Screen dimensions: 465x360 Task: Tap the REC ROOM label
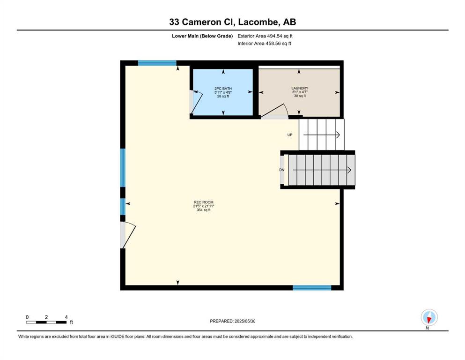pyautogui.click(x=203, y=202)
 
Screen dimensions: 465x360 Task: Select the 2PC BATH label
pyautogui.click(x=223, y=89)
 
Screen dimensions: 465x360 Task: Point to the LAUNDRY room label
pyautogui.click(x=300, y=88)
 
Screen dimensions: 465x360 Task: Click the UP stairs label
pyautogui.click(x=290, y=135)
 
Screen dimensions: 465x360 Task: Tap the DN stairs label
pyautogui.click(x=282, y=170)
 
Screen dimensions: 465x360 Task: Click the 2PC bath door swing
pyautogui.click(x=197, y=102)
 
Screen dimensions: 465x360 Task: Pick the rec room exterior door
pyautogui.click(x=127, y=235)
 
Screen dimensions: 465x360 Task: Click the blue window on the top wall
pyautogui.click(x=157, y=63)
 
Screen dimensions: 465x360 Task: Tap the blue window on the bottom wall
pyautogui.click(x=312, y=288)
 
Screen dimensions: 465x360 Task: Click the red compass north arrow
pyautogui.click(x=429, y=319)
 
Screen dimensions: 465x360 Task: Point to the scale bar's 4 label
pyautogui.click(x=66, y=317)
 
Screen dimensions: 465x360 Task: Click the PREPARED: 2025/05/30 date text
pyautogui.click(x=232, y=321)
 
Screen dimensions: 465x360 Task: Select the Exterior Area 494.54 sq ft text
pyautogui.click(x=265, y=36)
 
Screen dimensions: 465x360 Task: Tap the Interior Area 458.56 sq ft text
pyautogui.click(x=264, y=43)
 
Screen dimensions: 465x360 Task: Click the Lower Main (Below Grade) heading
pyautogui.click(x=202, y=36)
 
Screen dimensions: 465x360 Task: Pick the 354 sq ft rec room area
pyautogui.click(x=203, y=210)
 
